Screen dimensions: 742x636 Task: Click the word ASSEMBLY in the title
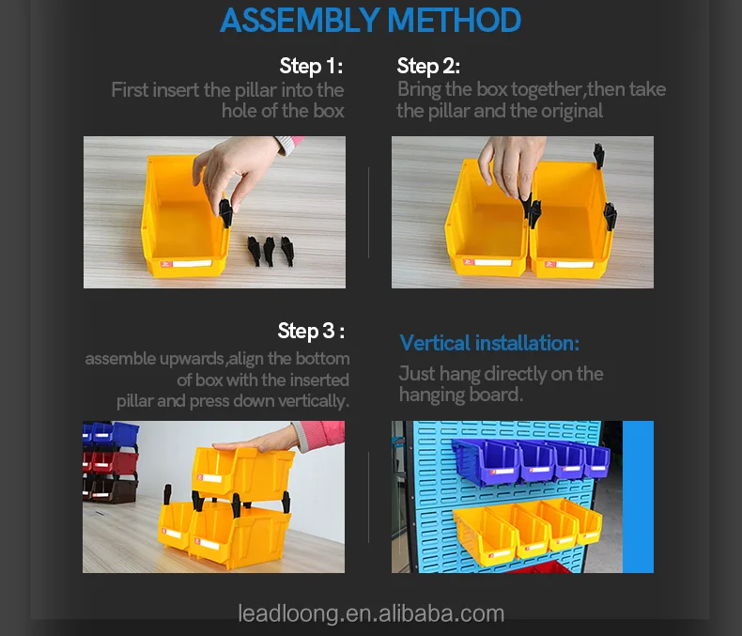click(x=300, y=21)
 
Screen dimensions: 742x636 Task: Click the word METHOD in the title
click(x=454, y=21)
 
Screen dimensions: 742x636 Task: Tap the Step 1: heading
click(x=311, y=66)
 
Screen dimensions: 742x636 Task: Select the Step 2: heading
click(x=428, y=66)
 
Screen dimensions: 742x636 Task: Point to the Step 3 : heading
click(x=311, y=331)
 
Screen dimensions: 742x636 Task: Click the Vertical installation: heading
click(x=489, y=343)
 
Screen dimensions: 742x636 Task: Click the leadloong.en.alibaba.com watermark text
click(x=371, y=613)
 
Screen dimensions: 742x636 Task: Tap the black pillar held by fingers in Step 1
click(x=225, y=212)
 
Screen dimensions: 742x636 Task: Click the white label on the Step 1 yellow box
click(x=193, y=264)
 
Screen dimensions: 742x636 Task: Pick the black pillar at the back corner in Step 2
click(x=599, y=155)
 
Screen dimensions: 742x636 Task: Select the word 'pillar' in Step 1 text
click(x=256, y=90)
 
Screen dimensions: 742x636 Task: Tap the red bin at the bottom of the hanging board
click(x=539, y=567)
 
